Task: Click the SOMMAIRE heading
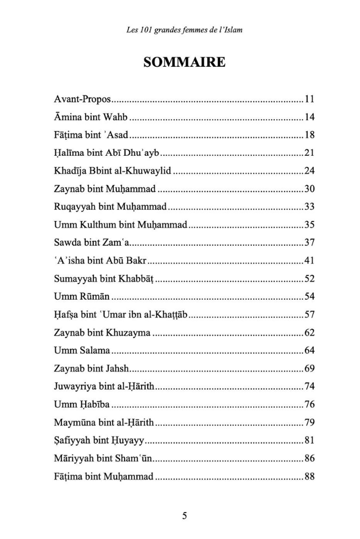pos(184,62)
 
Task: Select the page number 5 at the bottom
pos(184,516)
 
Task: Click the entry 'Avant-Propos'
pos(82,99)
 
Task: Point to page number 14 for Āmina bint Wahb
pos(309,117)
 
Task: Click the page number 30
pos(309,189)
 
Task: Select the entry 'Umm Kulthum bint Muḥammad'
pos(120,225)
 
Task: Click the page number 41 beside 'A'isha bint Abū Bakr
pos(309,261)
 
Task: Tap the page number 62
pos(309,333)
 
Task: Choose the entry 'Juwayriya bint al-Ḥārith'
pos(103,386)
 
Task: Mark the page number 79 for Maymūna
pos(309,423)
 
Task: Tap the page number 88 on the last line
pos(309,476)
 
